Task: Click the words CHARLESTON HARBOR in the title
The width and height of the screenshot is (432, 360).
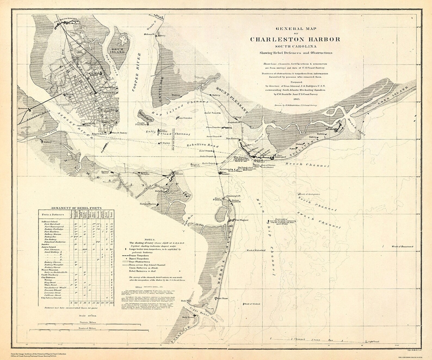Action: [295, 39]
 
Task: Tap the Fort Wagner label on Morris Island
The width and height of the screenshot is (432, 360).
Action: [242, 220]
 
